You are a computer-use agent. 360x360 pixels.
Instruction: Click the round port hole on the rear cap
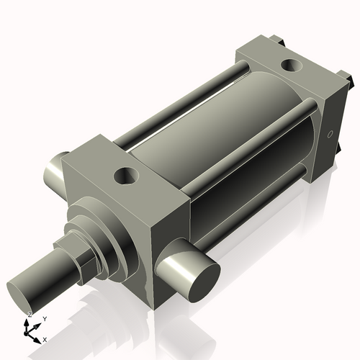[x=292, y=66]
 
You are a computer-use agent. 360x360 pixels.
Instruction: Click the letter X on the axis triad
[x=45, y=338]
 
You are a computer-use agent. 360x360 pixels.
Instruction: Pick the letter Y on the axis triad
[x=44, y=318]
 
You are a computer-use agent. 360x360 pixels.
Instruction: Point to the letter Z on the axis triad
[x=30, y=315]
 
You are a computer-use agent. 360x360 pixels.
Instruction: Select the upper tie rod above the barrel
[x=180, y=100]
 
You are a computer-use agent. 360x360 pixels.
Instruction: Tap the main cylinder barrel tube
[x=216, y=144]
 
